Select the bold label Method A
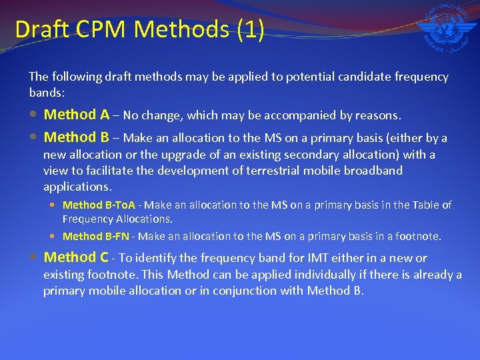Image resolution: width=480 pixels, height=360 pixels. coord(76,115)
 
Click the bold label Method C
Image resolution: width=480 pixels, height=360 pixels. coord(75,257)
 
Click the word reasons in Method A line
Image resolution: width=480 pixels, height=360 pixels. coord(378,116)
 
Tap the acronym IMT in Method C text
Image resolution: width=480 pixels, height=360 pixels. coord(309,258)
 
